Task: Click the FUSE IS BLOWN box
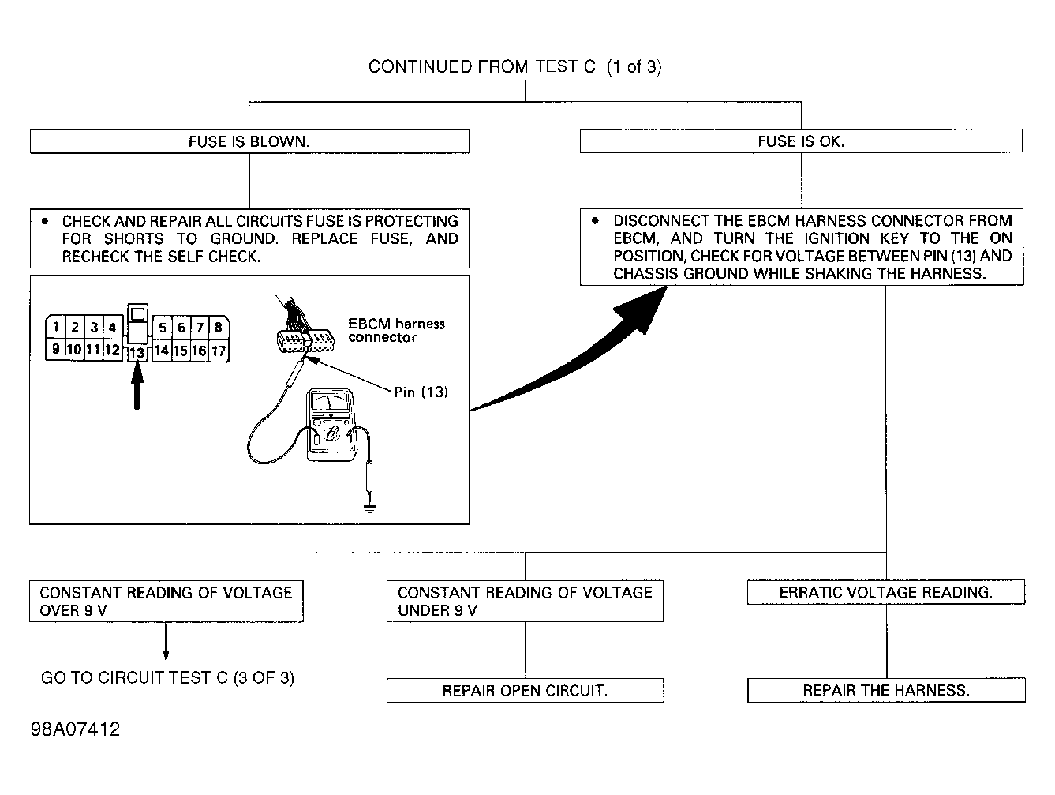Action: tap(249, 141)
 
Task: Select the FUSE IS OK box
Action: tap(801, 141)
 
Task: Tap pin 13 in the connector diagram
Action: tap(137, 352)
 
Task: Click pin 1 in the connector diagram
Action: tap(56, 327)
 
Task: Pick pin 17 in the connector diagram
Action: tap(219, 351)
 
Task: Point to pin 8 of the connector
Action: tap(219, 327)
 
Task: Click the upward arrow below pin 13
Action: tap(137, 385)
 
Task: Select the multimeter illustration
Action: tap(331, 425)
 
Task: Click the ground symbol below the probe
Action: tap(369, 508)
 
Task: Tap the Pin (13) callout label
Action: tap(421, 392)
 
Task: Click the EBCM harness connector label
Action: tap(397, 331)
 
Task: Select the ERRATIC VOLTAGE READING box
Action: tap(886, 592)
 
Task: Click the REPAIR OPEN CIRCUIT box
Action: tap(525, 691)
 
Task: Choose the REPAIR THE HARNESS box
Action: tap(886, 690)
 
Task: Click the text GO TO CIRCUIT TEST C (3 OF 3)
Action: tap(167, 677)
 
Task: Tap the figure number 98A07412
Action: tap(75, 729)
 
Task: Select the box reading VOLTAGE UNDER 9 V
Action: tap(525, 602)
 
